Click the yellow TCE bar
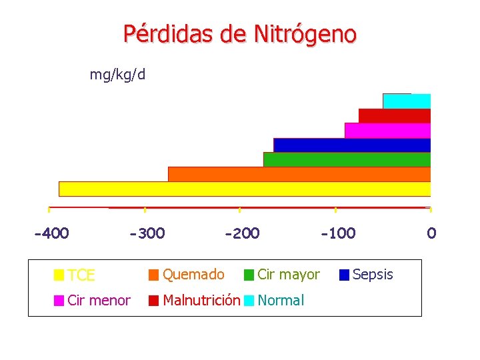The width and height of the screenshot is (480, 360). [x=245, y=189]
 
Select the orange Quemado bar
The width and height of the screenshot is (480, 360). [x=299, y=174]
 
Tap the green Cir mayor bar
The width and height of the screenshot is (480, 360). [x=347, y=159]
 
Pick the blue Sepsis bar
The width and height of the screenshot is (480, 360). [x=352, y=145]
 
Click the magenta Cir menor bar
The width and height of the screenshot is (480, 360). [x=387, y=130]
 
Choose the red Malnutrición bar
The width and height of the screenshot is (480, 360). [x=395, y=115]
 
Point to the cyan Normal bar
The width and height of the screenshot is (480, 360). [x=407, y=101]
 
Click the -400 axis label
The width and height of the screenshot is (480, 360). [x=51, y=233]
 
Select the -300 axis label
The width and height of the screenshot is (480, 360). [x=147, y=233]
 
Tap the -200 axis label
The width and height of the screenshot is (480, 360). [x=242, y=233]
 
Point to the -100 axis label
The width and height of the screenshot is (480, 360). [x=338, y=233]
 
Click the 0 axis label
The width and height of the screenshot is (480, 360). [x=431, y=233]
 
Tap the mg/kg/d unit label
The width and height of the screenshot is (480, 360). [x=117, y=74]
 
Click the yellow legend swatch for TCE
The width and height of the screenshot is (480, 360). [x=59, y=275]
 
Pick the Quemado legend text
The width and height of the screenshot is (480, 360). [x=193, y=274]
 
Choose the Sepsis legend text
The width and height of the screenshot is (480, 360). [x=373, y=274]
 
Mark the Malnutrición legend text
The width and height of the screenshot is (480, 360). [x=201, y=300]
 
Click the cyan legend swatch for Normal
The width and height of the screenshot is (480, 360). [x=249, y=301]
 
